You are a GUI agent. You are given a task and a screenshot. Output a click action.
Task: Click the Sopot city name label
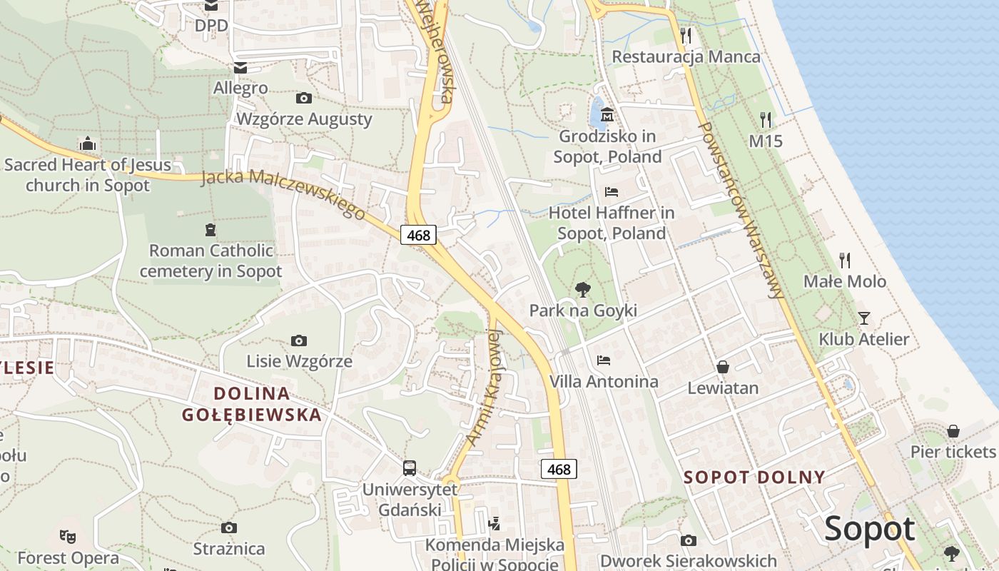(x=869, y=530)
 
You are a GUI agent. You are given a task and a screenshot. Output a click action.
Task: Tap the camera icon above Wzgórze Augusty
(x=303, y=98)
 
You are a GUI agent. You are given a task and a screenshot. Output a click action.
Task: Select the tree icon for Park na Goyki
(x=583, y=289)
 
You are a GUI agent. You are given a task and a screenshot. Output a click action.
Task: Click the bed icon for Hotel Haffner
(x=612, y=192)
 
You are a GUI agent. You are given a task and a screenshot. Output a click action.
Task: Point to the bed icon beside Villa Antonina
(x=604, y=360)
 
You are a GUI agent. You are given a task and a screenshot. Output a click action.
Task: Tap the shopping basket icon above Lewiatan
(x=723, y=367)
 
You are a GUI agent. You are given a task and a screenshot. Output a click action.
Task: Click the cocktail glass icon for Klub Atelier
(x=864, y=318)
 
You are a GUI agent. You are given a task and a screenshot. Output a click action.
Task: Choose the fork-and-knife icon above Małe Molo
(x=845, y=260)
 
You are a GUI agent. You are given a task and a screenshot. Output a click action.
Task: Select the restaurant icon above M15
(x=766, y=119)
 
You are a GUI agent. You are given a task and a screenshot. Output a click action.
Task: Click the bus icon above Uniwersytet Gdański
(x=410, y=468)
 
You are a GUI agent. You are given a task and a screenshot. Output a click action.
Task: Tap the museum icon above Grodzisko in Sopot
(x=607, y=114)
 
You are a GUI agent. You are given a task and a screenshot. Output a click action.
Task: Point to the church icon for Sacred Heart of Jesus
(x=88, y=144)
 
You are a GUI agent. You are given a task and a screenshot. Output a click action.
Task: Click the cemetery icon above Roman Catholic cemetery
(x=211, y=230)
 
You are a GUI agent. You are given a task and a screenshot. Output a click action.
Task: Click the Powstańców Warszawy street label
(x=743, y=211)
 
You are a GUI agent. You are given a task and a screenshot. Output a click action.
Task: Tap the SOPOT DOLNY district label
(x=754, y=477)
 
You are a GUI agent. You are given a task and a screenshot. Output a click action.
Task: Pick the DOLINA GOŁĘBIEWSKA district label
(x=251, y=403)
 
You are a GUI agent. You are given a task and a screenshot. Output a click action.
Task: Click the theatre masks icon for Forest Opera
(x=68, y=535)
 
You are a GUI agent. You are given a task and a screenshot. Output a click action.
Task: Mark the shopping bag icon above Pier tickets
(x=953, y=431)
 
